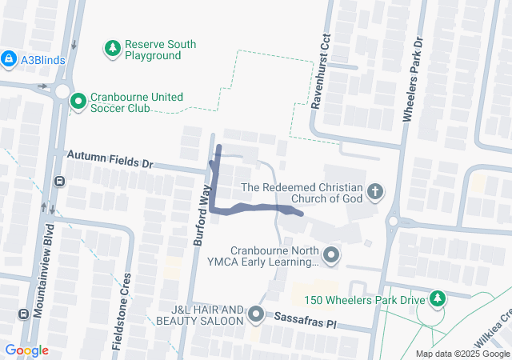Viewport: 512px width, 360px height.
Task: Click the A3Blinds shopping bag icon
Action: point(9,58)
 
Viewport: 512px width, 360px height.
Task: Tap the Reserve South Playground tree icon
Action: point(113,50)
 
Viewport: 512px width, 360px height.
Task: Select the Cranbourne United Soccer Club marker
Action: point(78,102)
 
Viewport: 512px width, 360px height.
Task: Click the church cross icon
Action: point(374,191)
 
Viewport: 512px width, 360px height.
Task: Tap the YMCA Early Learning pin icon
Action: point(333,255)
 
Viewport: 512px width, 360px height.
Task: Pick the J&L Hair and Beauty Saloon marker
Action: point(255,314)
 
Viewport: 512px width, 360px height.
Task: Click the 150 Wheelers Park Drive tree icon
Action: point(436,299)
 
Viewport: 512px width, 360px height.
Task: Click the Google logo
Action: point(26,350)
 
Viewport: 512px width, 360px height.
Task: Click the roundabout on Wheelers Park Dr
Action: point(393,222)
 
